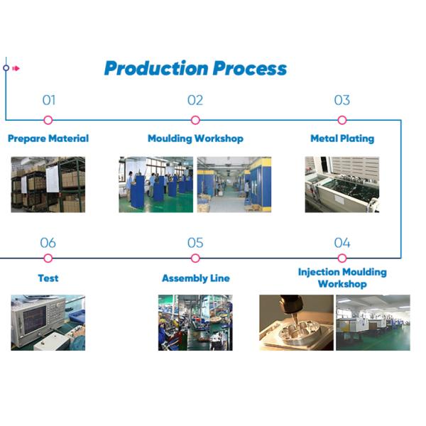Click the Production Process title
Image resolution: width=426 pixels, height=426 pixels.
point(195,68)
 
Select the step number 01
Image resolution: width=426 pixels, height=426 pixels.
point(48,100)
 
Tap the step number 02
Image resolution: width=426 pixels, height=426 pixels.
point(195,100)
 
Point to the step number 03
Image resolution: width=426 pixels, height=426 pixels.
point(342,100)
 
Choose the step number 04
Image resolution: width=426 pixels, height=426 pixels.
point(342,243)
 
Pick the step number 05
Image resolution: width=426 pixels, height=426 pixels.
point(195,243)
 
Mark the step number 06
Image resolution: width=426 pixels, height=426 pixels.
point(48,243)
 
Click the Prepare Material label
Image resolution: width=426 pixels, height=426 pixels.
point(48,138)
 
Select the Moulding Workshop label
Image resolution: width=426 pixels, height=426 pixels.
point(195,138)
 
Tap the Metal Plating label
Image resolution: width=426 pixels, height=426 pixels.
point(342,138)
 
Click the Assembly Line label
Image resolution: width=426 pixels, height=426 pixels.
point(195,278)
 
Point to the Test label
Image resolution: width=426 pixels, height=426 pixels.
point(48,278)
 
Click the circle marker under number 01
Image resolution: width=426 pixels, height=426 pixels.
point(48,120)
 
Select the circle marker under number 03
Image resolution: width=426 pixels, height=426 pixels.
point(342,120)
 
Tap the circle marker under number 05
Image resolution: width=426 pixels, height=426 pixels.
point(195,258)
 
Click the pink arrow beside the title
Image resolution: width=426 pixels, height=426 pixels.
point(16,68)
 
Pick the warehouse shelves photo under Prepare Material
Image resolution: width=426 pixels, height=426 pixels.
point(48,185)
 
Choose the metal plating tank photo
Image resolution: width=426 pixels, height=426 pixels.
point(342,185)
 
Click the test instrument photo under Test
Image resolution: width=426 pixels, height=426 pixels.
point(48,322)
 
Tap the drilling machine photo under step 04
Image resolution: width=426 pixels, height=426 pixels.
point(296,322)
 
